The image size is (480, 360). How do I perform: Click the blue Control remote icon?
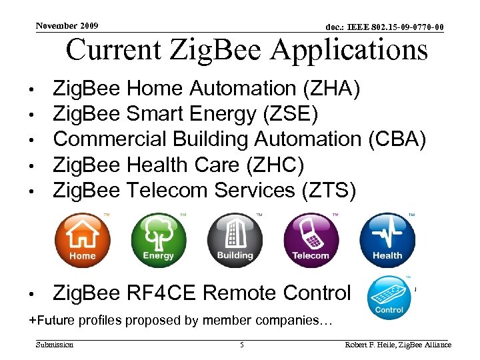click(x=389, y=297)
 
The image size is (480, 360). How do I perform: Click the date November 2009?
click(x=67, y=26)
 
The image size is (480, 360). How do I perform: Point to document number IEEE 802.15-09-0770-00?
click(x=385, y=27)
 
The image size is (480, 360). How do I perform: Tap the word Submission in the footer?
click(x=55, y=345)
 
